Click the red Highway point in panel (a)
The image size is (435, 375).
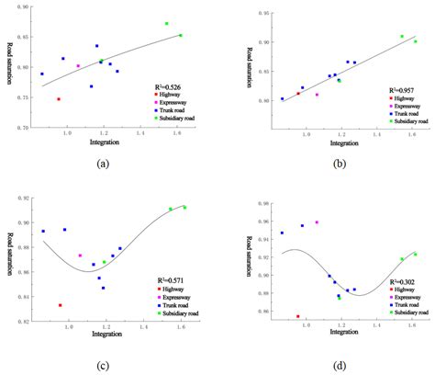click(59, 99)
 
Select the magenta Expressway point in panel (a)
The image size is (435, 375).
click(78, 66)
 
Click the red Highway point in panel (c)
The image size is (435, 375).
click(61, 305)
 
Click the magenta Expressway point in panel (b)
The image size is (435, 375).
click(317, 95)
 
